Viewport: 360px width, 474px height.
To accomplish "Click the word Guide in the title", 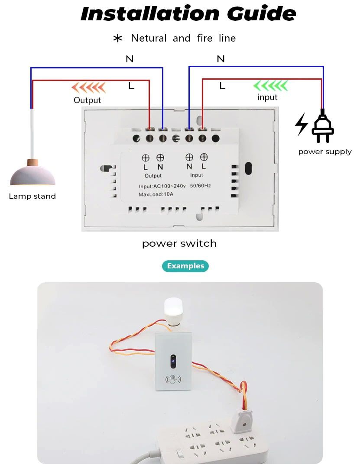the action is coord(261,13).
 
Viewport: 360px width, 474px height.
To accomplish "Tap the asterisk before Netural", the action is coord(117,39).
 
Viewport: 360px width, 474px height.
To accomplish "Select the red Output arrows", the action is coord(88,87).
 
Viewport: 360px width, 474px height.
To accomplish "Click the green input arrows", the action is coord(270,86).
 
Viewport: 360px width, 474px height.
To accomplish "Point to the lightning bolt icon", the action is coord(302,124).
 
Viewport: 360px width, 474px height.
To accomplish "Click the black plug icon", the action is coord(323,126).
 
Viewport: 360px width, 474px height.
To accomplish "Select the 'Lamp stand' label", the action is coord(32,196).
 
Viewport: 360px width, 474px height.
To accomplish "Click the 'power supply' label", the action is coord(325,152).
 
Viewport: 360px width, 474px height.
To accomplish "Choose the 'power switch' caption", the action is coord(179,243).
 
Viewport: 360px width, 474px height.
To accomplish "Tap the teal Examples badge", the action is coord(185,266).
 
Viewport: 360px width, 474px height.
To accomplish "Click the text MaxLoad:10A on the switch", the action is coord(156,194).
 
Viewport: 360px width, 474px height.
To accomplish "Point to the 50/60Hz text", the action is coord(200,186).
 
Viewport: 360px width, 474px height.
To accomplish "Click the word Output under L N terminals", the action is coord(153,176).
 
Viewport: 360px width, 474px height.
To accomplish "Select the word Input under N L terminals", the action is coord(196,175).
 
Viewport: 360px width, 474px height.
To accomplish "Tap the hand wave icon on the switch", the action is coord(173,379).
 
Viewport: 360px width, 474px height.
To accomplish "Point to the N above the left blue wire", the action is coord(130,59).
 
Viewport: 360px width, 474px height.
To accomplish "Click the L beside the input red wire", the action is coord(222,86).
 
